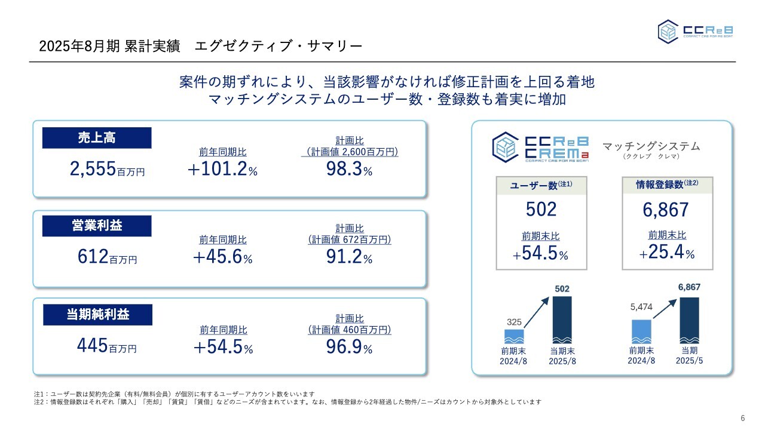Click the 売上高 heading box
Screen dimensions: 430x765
[x=97, y=138]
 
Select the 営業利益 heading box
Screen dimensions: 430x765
[x=97, y=226]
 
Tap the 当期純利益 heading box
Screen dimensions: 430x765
[x=97, y=315]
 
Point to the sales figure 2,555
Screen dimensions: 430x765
[x=93, y=170]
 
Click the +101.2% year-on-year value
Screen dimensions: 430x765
[x=222, y=170]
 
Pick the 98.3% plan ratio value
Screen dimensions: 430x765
[x=349, y=170]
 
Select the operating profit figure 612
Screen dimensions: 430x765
[x=93, y=257]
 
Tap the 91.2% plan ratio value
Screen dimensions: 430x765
[x=349, y=257]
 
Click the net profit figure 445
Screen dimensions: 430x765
[x=93, y=345]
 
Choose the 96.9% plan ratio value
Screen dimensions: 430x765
[x=349, y=346]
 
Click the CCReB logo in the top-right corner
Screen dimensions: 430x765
[x=695, y=31]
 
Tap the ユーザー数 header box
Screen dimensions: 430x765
[x=541, y=186]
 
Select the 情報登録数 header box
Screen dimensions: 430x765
[x=667, y=185]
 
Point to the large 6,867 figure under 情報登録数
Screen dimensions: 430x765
[x=666, y=210]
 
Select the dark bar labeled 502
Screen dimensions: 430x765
[x=562, y=320]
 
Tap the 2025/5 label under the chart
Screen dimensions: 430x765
[x=689, y=361]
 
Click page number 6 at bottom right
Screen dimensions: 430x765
[x=742, y=417]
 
